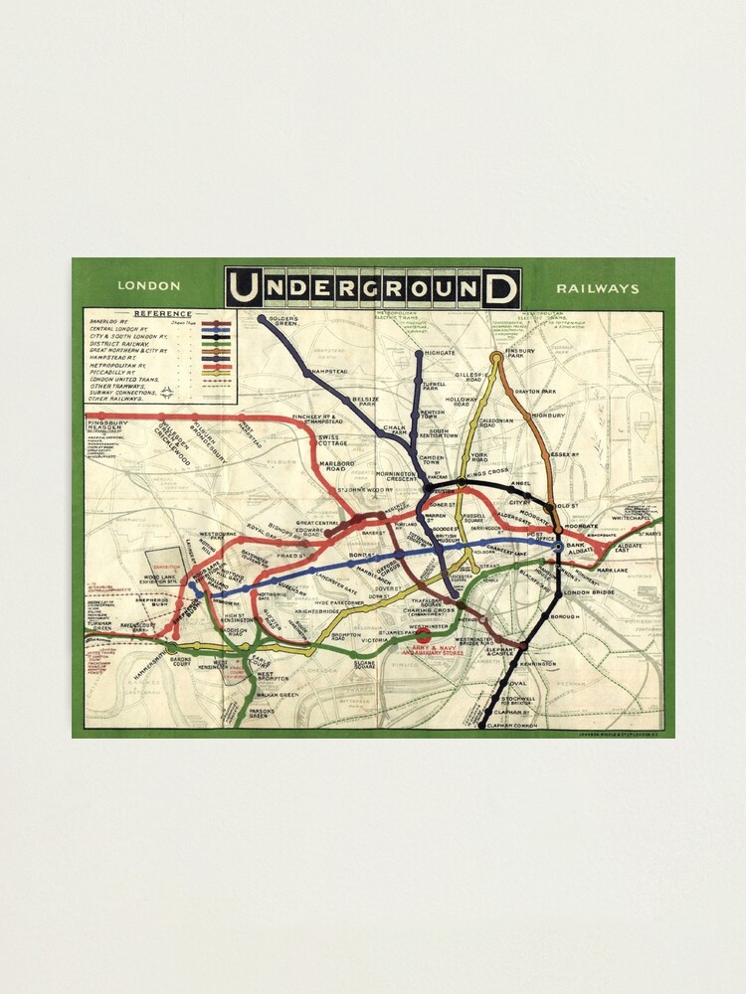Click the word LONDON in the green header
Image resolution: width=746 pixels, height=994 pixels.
[149, 286]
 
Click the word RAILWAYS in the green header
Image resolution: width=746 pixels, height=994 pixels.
[598, 288]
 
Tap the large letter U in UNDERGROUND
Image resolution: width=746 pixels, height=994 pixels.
[245, 288]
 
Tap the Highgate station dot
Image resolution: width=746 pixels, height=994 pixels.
[419, 353]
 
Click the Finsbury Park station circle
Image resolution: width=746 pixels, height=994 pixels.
[496, 356]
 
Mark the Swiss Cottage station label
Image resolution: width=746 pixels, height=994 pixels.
[331, 439]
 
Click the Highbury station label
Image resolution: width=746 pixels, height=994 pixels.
[549, 414]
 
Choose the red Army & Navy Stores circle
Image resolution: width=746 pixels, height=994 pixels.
[425, 635]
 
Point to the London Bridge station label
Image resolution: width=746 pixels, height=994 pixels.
[585, 593]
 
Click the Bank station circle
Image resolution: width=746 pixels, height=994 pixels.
[558, 545]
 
